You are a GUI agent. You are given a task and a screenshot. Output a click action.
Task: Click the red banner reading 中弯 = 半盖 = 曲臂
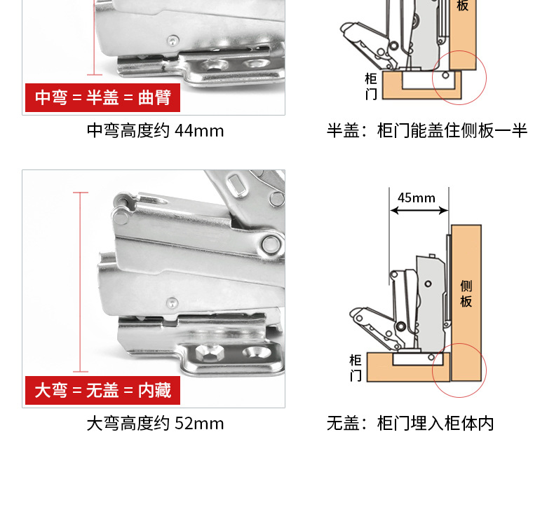[x=102, y=98]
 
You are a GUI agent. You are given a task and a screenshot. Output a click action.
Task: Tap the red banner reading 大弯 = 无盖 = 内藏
[x=102, y=391]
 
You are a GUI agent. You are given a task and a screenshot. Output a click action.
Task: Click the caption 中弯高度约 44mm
[x=155, y=130]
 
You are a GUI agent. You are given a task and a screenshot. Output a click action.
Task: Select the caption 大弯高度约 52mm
[x=155, y=424]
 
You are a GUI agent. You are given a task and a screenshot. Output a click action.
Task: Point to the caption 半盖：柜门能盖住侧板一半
[x=427, y=130]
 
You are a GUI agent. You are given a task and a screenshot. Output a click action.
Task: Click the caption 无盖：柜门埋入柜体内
[x=410, y=424]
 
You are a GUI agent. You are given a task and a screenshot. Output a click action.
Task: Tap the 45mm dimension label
[x=417, y=198]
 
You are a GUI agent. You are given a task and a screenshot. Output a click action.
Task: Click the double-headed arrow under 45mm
[x=419, y=211]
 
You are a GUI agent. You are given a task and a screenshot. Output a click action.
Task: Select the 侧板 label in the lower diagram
[x=466, y=294]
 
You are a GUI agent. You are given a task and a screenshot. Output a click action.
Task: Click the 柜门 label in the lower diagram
[x=356, y=368]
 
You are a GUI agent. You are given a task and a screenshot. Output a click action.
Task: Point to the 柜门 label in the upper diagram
[x=372, y=86]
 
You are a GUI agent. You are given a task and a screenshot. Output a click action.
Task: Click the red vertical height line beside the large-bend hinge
[x=81, y=282]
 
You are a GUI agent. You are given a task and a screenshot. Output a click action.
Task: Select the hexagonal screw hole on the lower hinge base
[x=208, y=353]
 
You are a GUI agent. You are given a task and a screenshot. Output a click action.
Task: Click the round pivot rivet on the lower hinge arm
[x=271, y=244]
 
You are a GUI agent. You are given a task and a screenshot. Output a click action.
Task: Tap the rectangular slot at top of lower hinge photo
[x=238, y=185]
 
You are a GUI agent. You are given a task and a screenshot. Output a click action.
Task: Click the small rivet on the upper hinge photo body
[x=173, y=41]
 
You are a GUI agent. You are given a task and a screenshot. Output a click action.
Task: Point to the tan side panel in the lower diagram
[x=466, y=303]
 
